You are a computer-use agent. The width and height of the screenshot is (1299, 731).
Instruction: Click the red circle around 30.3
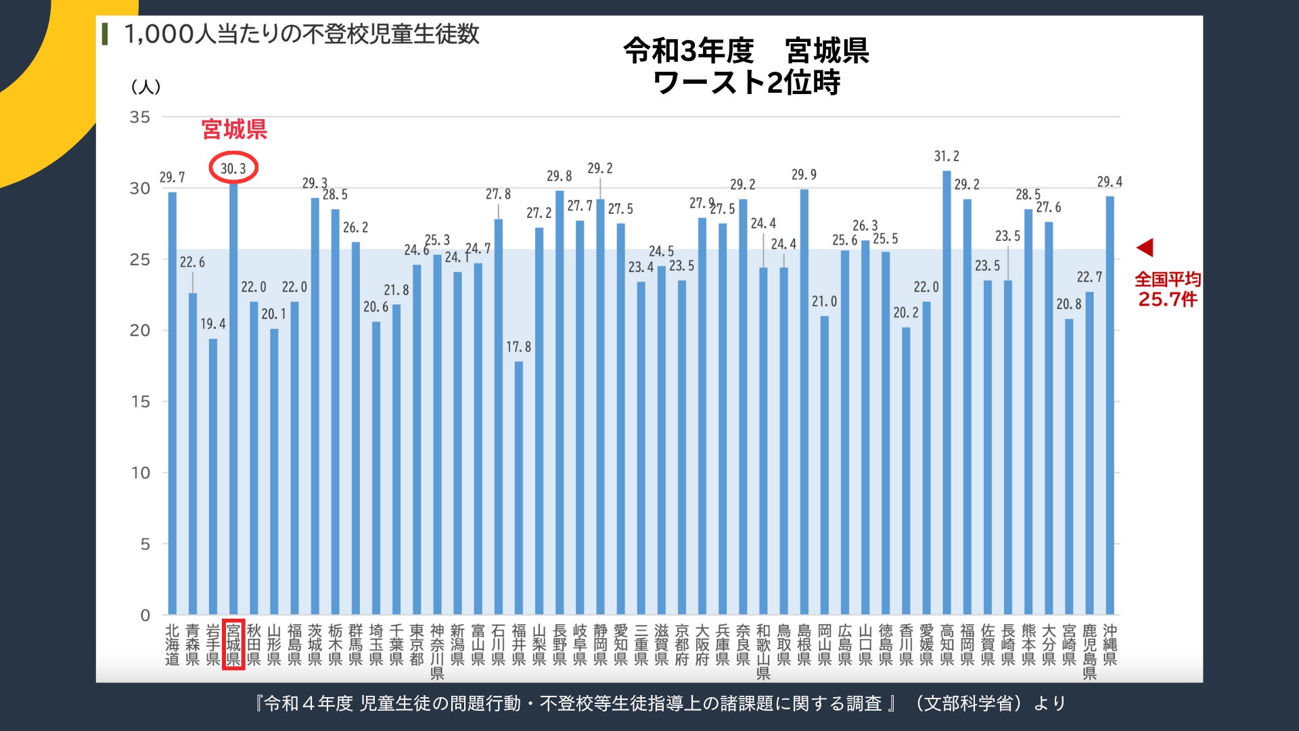[x=233, y=169]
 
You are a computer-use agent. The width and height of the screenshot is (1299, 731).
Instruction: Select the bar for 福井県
[x=519, y=487]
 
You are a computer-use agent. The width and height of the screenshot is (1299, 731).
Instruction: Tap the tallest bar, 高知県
[x=947, y=393]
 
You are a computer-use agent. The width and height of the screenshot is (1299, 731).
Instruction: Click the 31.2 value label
[x=947, y=156]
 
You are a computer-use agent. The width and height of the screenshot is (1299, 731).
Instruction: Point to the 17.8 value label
[x=519, y=347]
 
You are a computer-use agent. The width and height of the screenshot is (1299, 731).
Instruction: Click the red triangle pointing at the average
[x=1145, y=247]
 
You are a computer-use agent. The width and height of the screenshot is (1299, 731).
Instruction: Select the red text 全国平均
[x=1168, y=279]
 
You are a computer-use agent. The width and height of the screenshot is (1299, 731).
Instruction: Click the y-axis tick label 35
[x=140, y=117]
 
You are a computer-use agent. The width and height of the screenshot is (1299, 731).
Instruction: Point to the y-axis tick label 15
[x=140, y=402]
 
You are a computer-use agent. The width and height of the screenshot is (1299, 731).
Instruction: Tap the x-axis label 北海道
[x=173, y=644]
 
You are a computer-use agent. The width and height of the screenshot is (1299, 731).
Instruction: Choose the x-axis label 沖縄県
[x=1110, y=644]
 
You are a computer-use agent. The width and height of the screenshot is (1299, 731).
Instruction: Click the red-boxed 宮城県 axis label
[x=233, y=644]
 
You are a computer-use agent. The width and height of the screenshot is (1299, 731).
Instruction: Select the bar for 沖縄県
[x=1110, y=406]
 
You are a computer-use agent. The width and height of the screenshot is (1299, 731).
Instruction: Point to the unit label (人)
[x=145, y=87]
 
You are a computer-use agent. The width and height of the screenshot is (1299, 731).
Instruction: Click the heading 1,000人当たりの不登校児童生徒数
[x=302, y=34]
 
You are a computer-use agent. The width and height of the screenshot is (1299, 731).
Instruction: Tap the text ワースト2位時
[x=746, y=83]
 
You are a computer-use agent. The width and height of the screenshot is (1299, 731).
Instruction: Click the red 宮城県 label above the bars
[x=234, y=129]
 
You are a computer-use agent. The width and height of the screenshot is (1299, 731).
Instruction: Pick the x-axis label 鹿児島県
[x=1089, y=651]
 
